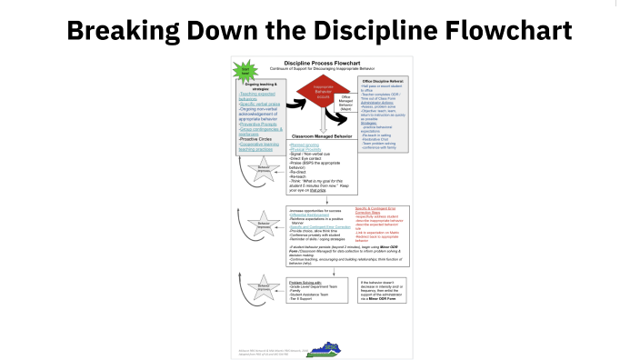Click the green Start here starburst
tap(244, 70)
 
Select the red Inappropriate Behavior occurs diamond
tap(313, 94)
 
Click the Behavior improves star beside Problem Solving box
tap(264, 285)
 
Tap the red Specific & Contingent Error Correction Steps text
tap(380, 212)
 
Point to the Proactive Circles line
tap(258, 138)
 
